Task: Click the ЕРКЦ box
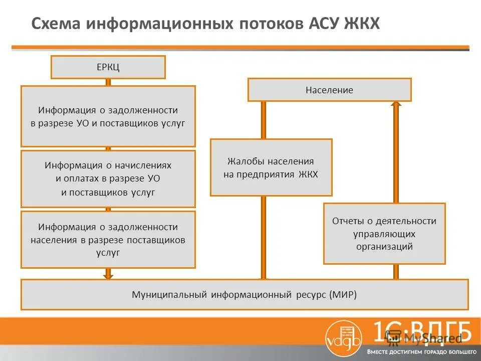pyautogui.click(x=108, y=67)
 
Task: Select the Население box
pyautogui.click(x=329, y=90)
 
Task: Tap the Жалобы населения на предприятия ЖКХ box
pyautogui.click(x=271, y=167)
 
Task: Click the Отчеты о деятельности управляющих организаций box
pyautogui.click(x=384, y=234)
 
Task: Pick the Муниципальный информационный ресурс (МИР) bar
pyautogui.click(x=244, y=294)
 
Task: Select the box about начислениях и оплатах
pyautogui.click(x=108, y=179)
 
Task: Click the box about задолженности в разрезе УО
pyautogui.click(x=108, y=116)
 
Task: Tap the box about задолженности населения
pyautogui.click(x=108, y=240)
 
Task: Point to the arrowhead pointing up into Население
pyautogui.click(x=396, y=105)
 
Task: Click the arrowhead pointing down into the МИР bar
pyautogui.click(x=108, y=274)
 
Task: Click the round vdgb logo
pyautogui.click(x=343, y=339)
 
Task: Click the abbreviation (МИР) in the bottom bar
pyautogui.click(x=343, y=294)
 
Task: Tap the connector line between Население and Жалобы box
pyautogui.click(x=263, y=120)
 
